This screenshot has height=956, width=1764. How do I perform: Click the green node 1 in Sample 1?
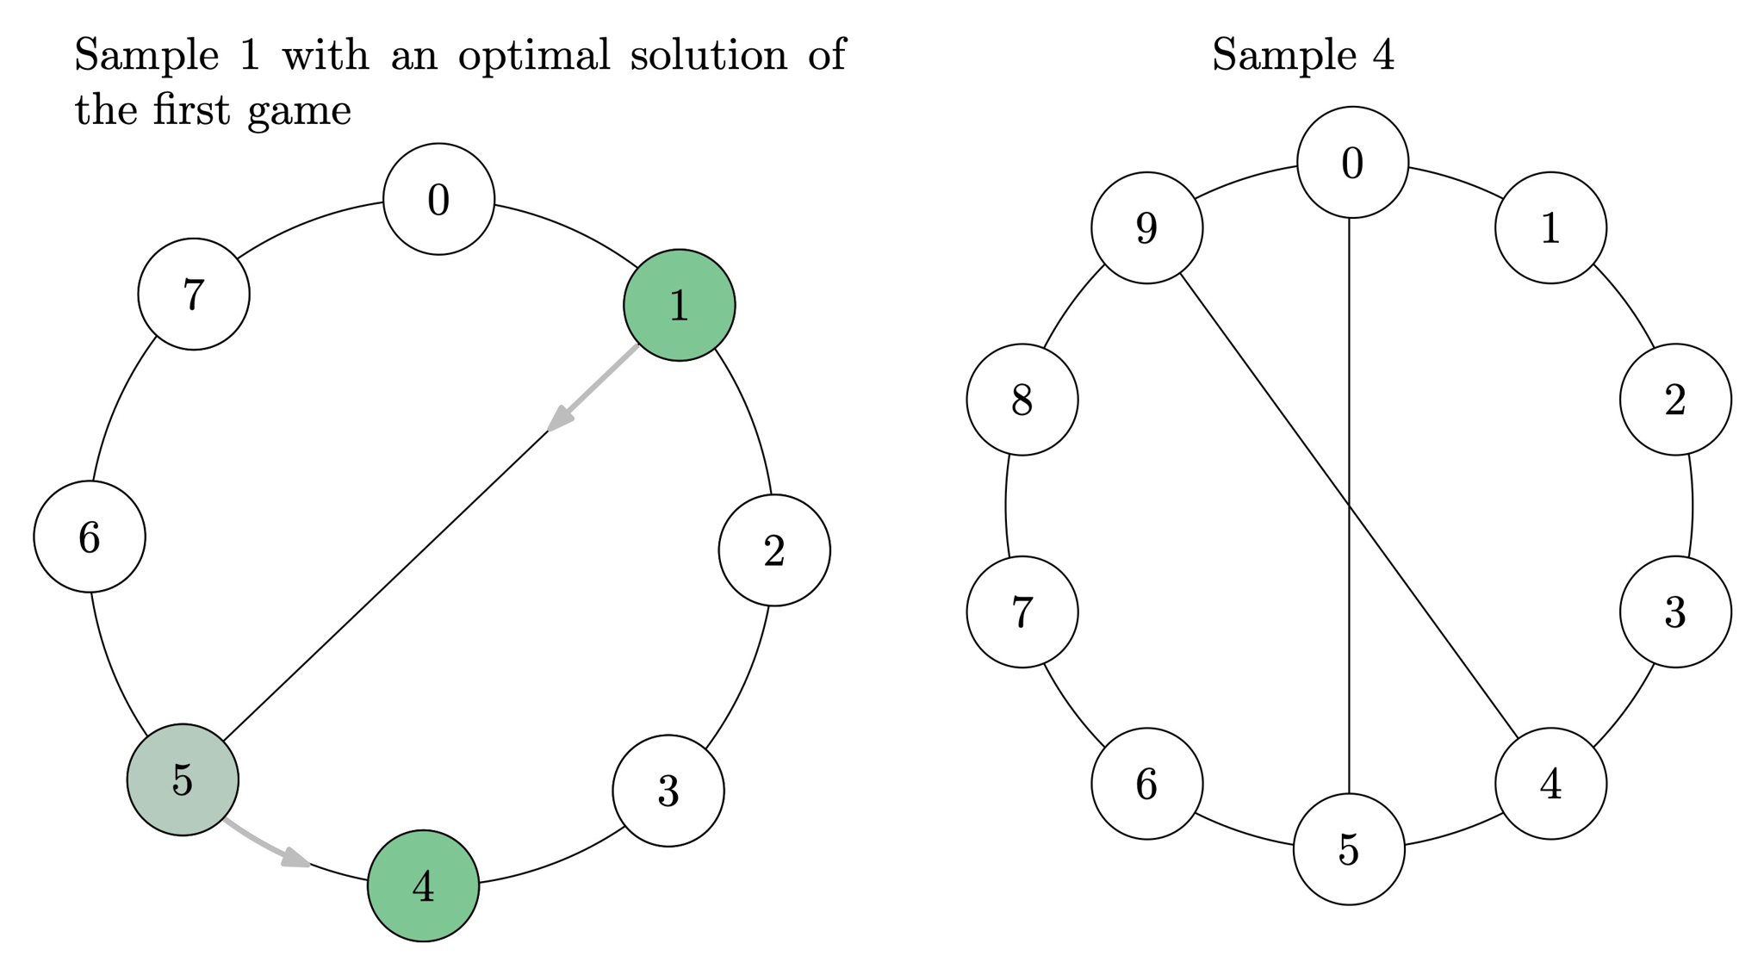tap(679, 305)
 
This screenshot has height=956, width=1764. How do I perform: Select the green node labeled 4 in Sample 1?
tap(423, 885)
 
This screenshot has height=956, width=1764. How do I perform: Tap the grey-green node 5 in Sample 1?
tap(183, 779)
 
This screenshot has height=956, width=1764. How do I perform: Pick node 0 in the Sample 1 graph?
tap(438, 199)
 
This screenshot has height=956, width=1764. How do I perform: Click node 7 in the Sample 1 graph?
tap(194, 294)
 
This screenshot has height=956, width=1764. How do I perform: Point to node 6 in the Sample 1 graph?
tap(90, 537)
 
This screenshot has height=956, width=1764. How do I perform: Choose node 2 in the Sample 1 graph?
tap(774, 550)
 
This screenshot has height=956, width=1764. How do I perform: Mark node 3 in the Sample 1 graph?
tap(668, 791)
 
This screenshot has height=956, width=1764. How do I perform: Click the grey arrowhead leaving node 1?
tap(559, 419)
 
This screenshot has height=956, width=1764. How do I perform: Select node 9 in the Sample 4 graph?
tap(1146, 227)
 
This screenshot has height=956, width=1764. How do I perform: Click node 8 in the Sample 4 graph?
tap(1022, 400)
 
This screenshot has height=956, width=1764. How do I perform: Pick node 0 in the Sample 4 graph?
tap(1352, 162)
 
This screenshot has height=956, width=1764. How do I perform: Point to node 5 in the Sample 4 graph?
tap(1349, 849)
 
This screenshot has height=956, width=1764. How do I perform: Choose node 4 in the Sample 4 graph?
tap(1550, 784)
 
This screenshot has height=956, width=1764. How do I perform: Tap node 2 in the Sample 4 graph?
tap(1675, 400)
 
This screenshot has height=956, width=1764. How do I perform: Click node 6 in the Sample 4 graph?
tap(1146, 784)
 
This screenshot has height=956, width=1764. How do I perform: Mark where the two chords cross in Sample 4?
tap(1349, 506)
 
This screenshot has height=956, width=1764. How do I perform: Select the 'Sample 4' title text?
tap(1302, 55)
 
